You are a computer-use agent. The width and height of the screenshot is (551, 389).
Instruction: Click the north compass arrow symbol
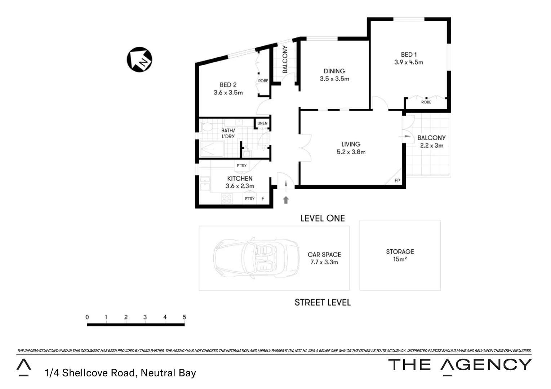[139, 59]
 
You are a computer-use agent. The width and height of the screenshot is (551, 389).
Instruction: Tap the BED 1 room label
[409, 54]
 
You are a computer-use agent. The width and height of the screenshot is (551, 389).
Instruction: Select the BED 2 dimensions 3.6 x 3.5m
[228, 93]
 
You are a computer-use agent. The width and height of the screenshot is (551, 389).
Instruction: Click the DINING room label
[334, 71]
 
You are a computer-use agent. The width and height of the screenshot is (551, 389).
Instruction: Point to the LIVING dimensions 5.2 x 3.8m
[351, 152]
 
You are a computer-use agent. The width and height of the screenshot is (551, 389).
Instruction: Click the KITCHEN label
[240, 178]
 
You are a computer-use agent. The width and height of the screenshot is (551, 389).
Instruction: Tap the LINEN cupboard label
[262, 123]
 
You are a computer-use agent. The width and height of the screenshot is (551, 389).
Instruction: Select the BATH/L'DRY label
[228, 133]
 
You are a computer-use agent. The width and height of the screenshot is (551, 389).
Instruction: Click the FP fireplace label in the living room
[397, 180]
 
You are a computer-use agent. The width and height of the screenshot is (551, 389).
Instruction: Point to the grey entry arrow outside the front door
[286, 200]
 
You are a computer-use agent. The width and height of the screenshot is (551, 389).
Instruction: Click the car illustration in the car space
[256, 258]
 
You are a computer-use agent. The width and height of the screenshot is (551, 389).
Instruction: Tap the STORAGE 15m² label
[400, 255]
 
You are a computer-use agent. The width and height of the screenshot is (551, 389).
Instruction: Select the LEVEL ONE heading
[323, 218]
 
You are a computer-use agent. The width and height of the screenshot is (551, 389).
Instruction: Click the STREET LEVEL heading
[323, 303]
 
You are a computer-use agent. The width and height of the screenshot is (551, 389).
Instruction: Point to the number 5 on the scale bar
[184, 317]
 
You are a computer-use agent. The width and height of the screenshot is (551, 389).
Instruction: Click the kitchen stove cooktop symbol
[227, 198]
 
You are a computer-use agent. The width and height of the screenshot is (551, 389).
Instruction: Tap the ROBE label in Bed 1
[426, 102]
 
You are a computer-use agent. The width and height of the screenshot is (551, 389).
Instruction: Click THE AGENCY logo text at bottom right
[459, 365]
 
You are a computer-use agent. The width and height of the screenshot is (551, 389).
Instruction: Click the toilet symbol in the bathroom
[207, 127]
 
